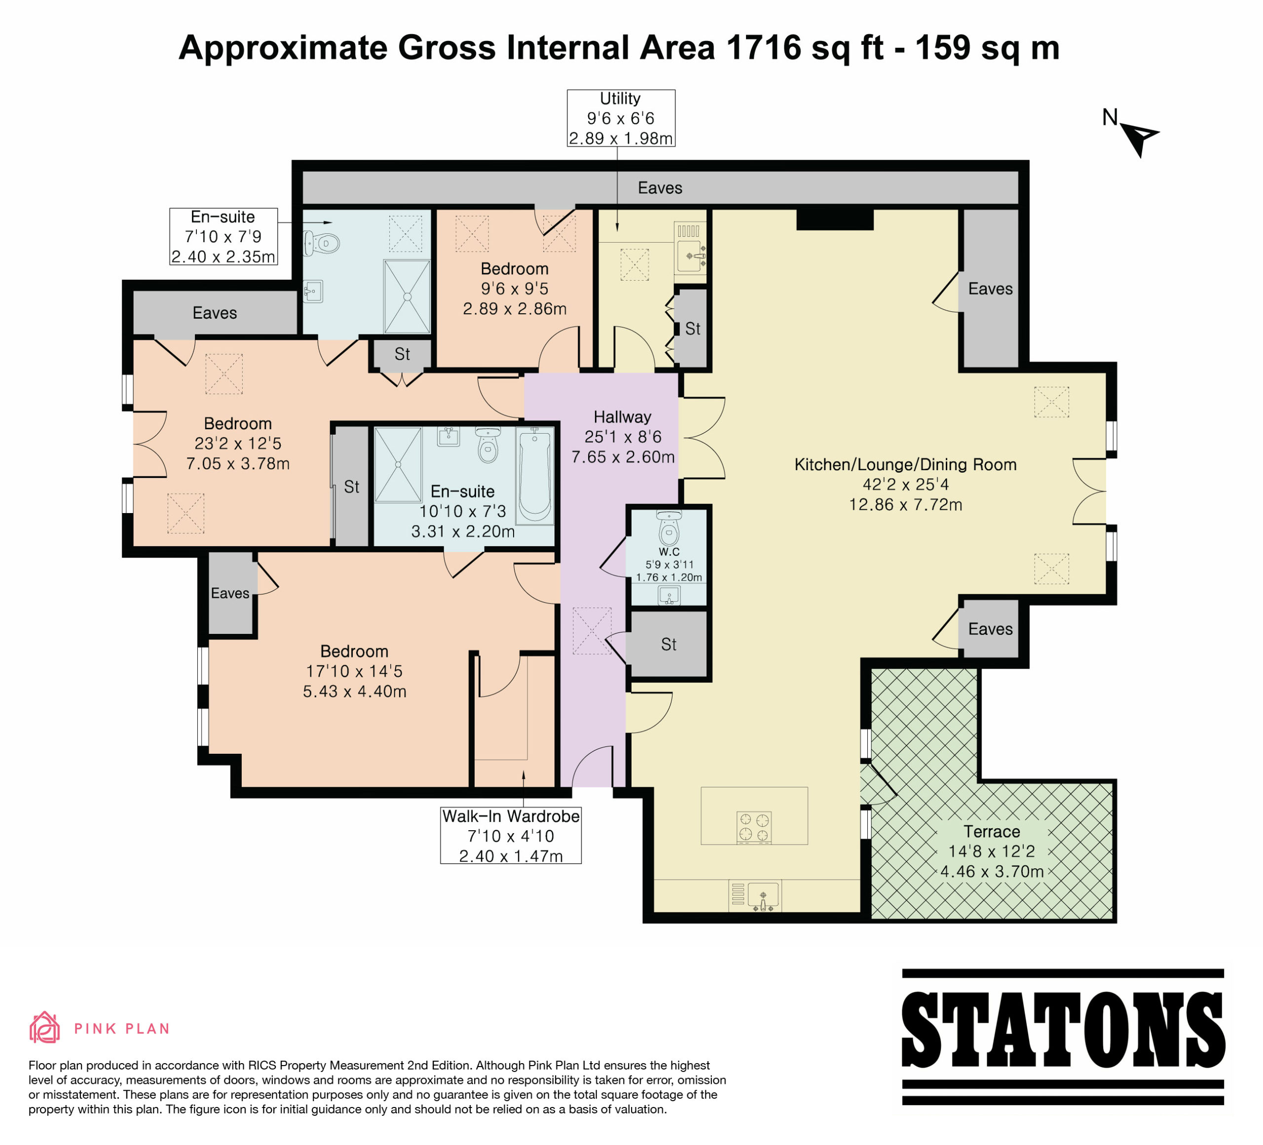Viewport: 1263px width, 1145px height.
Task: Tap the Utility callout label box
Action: (621, 118)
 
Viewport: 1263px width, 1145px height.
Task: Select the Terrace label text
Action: (992, 831)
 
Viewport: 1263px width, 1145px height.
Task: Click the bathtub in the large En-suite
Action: (534, 476)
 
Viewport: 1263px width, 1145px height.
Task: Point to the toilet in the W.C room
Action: (669, 527)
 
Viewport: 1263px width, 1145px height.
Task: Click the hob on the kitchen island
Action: (754, 827)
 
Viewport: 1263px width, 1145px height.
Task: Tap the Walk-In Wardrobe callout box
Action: (511, 836)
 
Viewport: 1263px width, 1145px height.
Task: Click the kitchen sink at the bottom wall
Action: (755, 896)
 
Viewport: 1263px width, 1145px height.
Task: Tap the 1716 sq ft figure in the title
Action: (804, 48)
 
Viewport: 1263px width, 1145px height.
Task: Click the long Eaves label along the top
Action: (660, 187)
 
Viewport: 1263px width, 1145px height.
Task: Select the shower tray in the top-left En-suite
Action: (407, 296)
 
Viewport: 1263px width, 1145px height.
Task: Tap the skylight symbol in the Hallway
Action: (592, 631)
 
